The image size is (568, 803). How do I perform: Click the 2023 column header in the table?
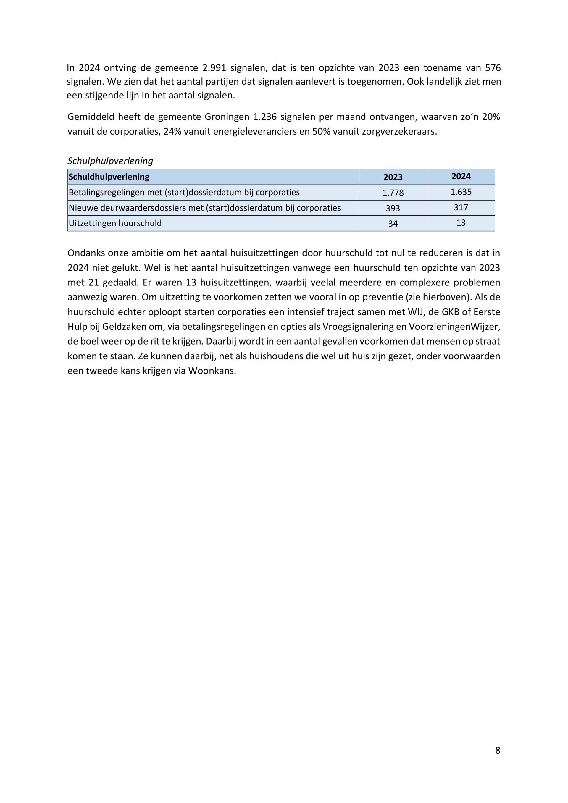(x=393, y=177)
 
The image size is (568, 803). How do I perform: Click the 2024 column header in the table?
(x=461, y=177)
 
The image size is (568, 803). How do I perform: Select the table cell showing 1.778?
(x=393, y=193)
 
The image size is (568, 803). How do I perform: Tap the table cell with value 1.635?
(x=461, y=192)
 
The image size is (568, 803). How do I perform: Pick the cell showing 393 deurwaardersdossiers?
(x=393, y=208)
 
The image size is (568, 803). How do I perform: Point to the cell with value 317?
(x=461, y=207)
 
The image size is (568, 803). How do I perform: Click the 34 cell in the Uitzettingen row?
(x=393, y=224)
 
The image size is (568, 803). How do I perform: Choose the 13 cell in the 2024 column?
(x=461, y=223)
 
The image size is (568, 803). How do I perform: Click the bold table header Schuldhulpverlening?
(x=109, y=177)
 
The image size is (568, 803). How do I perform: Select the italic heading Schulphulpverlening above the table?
(x=110, y=161)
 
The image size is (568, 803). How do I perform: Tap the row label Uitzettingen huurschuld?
(x=115, y=223)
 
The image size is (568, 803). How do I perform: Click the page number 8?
(x=497, y=751)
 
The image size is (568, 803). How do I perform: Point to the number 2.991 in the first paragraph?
(x=214, y=67)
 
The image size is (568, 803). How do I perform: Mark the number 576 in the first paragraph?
(x=493, y=67)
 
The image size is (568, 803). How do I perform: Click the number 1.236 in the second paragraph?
(x=265, y=117)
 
